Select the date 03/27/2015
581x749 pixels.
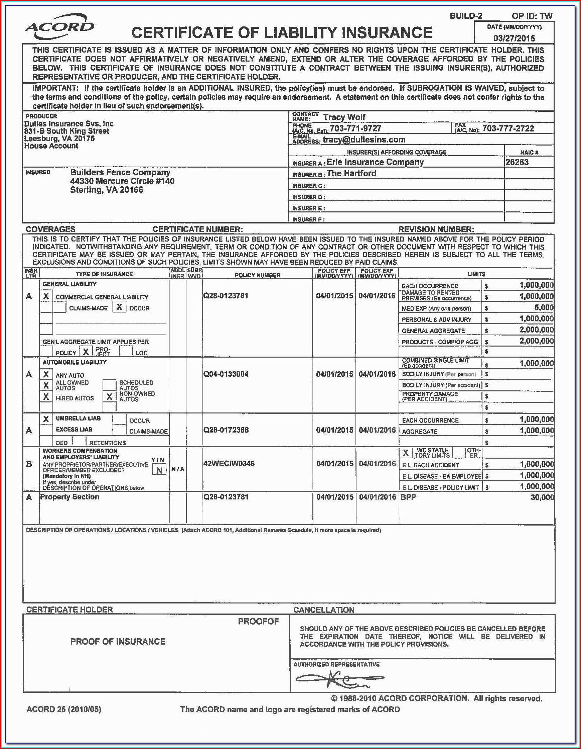514,38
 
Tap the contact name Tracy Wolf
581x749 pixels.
344,117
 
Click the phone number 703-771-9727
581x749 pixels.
355,128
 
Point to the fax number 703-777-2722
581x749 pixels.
508,128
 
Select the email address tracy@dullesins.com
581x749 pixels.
364,140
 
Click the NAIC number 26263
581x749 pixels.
517,162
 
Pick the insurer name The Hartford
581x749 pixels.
351,174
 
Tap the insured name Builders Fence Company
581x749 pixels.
120,173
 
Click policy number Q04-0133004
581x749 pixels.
226,374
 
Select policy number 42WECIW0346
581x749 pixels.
229,464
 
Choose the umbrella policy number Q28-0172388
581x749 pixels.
226,430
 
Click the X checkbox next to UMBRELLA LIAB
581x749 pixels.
46,419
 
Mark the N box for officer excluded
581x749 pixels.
159,470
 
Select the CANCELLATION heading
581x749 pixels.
323,610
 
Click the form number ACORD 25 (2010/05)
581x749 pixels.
64,709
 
